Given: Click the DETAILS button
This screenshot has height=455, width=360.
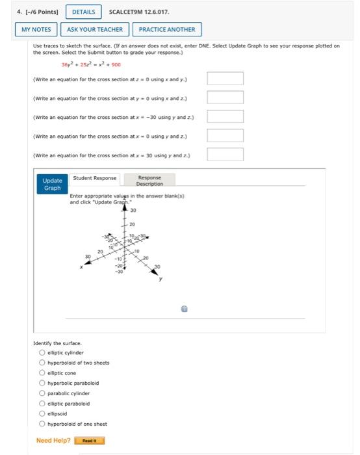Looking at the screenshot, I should click(x=83, y=12).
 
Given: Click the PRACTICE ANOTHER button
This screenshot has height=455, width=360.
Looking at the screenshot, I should click(x=166, y=29).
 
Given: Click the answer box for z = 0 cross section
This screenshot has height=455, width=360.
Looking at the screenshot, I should click(x=225, y=79).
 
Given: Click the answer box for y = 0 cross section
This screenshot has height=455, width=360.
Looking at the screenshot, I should click(x=225, y=97).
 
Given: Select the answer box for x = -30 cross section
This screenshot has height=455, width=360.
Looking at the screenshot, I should click(x=225, y=116).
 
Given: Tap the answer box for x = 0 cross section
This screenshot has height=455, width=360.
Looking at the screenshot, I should click(x=225, y=135).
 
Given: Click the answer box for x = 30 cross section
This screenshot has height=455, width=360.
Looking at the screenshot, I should click(x=225, y=154).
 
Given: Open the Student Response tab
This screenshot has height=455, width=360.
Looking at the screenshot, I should click(x=95, y=178).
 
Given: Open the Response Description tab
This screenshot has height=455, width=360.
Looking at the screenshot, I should click(x=149, y=180).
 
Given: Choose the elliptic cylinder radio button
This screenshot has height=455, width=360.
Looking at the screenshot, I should click(x=42, y=353).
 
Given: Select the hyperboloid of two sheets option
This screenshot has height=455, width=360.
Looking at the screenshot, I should click(x=42, y=363).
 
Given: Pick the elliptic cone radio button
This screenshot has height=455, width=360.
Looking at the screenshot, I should click(x=42, y=373).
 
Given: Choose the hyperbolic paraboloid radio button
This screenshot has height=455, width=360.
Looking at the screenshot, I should click(x=42, y=383).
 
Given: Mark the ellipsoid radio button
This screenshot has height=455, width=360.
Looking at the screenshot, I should click(x=42, y=413).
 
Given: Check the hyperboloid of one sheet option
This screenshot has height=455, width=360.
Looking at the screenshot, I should click(x=42, y=424).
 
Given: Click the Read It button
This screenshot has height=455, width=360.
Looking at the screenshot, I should click(x=89, y=441).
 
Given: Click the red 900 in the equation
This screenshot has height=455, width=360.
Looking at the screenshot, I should click(x=116, y=64).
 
